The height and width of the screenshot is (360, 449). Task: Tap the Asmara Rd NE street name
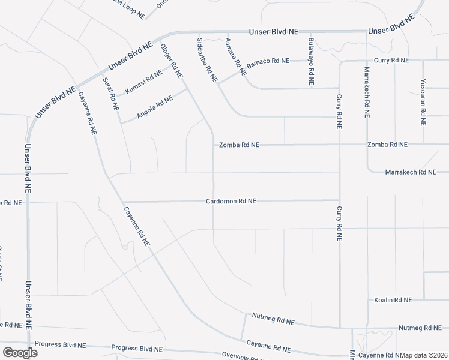click(x=235, y=56)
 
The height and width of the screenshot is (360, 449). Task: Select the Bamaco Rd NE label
click(x=268, y=61)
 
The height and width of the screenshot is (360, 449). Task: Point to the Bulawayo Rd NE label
click(x=311, y=62)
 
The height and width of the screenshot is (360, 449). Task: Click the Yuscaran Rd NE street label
click(x=423, y=101)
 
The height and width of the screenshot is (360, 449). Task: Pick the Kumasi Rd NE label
click(x=143, y=82)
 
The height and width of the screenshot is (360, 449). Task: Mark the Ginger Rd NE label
click(x=170, y=61)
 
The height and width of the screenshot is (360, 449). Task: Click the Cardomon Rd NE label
click(x=231, y=202)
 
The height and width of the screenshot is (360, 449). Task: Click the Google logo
click(x=20, y=352)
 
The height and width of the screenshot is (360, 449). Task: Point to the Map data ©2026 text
click(x=424, y=355)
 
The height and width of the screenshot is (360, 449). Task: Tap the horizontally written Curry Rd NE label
click(x=391, y=61)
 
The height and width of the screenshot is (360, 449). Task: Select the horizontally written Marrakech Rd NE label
click(x=410, y=172)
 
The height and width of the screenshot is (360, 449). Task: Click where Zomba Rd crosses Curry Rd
click(x=340, y=145)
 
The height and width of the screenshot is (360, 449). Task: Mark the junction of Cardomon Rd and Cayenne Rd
click(x=122, y=202)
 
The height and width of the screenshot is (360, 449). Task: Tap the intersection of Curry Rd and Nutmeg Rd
click(x=340, y=328)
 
